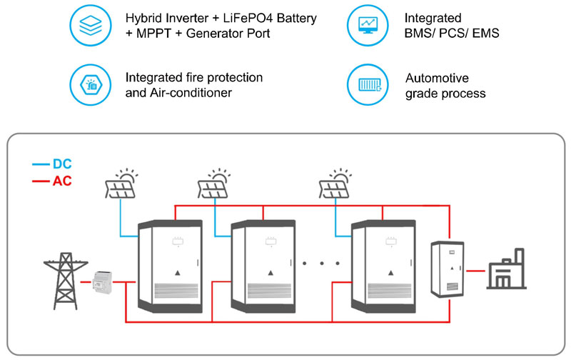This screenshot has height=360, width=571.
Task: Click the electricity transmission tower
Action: pos(63,274)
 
